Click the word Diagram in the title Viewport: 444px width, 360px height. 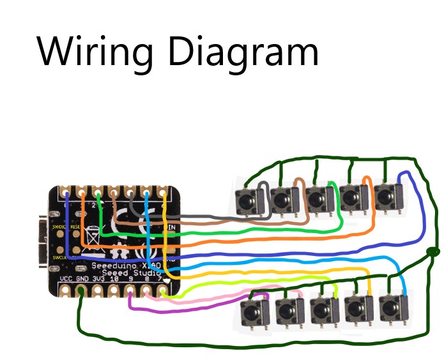tap(243, 52)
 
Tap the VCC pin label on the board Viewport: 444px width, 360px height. tap(66, 279)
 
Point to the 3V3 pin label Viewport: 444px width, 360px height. tap(98, 279)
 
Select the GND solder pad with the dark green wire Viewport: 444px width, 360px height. tap(82, 292)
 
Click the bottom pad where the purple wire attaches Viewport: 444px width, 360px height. tap(131, 293)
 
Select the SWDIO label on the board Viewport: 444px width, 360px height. tap(59, 227)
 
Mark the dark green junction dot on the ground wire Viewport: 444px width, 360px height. tap(432, 252)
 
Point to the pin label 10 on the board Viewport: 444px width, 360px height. tap(114, 279)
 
